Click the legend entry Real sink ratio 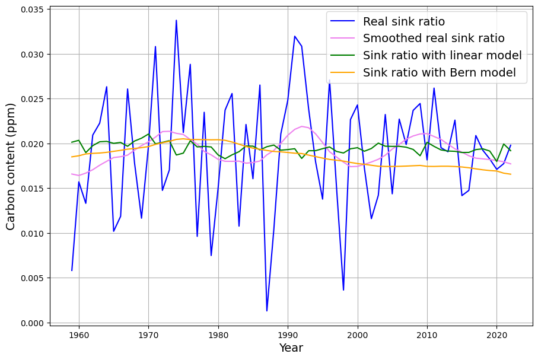pos(403,22)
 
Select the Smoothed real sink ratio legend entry pos(434,39)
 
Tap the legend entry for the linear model pos(442,56)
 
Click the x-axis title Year pos(291,348)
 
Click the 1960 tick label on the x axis pos(79,334)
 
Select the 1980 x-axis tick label pos(218,334)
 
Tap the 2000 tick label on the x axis pos(358,334)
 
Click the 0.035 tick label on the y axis pos(30,9)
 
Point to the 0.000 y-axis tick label pos(30,323)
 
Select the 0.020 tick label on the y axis pos(30,144)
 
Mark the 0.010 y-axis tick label pos(30,234)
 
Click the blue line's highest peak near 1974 pos(176,20)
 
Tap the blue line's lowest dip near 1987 pos(267,311)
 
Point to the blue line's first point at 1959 pos(72,270)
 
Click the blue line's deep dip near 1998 pos(343,290)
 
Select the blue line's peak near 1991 pos(295,36)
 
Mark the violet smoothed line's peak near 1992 pos(302,126)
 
